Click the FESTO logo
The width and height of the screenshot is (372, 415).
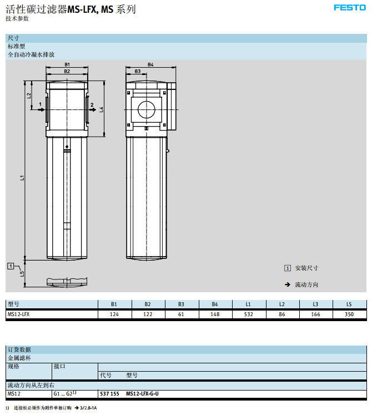(x=349, y=8)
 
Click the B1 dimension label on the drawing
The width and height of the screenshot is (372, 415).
(x=67, y=64)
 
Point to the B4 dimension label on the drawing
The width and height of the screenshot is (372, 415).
(x=150, y=64)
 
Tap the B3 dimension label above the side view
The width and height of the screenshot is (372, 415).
(x=138, y=71)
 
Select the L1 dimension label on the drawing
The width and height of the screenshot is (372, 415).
(x=22, y=178)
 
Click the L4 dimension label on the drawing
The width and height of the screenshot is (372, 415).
(x=102, y=109)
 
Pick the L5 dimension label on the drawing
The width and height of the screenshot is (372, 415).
(x=22, y=274)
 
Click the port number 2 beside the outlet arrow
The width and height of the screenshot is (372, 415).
(x=92, y=105)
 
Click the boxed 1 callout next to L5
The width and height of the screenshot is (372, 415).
(x=11, y=266)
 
